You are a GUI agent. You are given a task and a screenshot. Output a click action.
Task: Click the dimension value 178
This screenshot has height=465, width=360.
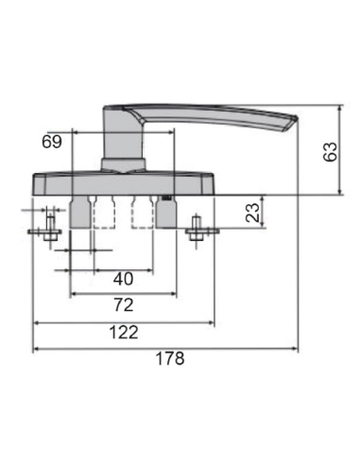click(x=169, y=360)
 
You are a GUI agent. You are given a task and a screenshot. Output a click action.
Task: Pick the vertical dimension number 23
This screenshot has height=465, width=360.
click(x=252, y=213)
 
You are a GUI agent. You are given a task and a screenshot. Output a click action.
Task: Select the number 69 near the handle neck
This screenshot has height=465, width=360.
click(x=54, y=142)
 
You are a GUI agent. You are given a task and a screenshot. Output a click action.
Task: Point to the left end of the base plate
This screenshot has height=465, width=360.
click(x=35, y=184)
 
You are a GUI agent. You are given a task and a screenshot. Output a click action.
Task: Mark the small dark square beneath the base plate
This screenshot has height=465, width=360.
click(x=167, y=198)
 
